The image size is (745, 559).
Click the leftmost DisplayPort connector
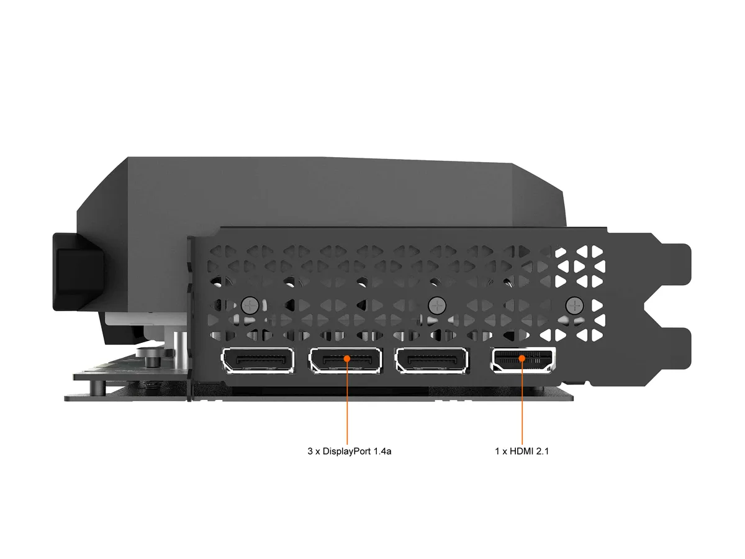pyautogui.click(x=258, y=360)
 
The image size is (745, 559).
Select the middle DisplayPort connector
pyautogui.click(x=345, y=360)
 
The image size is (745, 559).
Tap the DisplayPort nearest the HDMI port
pyautogui.click(x=431, y=360)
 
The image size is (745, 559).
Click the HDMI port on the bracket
pyautogui.click(x=523, y=360)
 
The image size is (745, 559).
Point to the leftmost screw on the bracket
pyautogui.click(x=250, y=306)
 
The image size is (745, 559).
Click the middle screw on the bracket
pyautogui.click(x=437, y=306)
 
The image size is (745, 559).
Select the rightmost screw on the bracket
pyautogui.click(x=575, y=306)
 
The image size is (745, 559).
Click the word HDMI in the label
pyautogui.click(x=521, y=452)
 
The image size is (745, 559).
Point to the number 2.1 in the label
pyautogui.click(x=543, y=452)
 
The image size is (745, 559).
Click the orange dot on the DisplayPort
pyautogui.click(x=347, y=358)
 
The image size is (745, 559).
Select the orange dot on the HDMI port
pyautogui.click(x=522, y=358)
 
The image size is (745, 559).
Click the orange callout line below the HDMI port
pyautogui.click(x=522, y=403)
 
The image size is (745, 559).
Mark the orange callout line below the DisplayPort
pyautogui.click(x=347, y=403)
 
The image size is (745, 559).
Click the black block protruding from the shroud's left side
pyautogui.click(x=78, y=272)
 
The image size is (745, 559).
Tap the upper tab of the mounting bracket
pyautogui.click(x=675, y=265)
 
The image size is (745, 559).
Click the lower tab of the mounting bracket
pyautogui.click(x=675, y=348)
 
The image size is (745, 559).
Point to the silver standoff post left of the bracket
pyautogui.click(x=180, y=351)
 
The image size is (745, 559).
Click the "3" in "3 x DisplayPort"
pyautogui.click(x=310, y=452)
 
